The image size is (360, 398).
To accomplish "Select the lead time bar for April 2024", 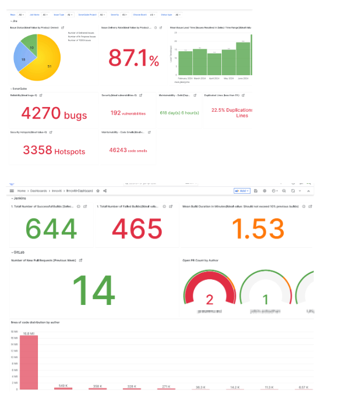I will coord(214,64).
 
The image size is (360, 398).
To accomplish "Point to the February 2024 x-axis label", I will coord(185,78).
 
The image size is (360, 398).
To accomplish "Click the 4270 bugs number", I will coord(54,113).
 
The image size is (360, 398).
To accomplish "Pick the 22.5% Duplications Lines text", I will coord(230,112).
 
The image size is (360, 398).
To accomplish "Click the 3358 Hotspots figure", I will coord(54,150).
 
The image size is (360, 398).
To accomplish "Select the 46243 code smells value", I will coord(128,150).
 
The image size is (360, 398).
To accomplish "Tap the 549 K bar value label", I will coord(63,385).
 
